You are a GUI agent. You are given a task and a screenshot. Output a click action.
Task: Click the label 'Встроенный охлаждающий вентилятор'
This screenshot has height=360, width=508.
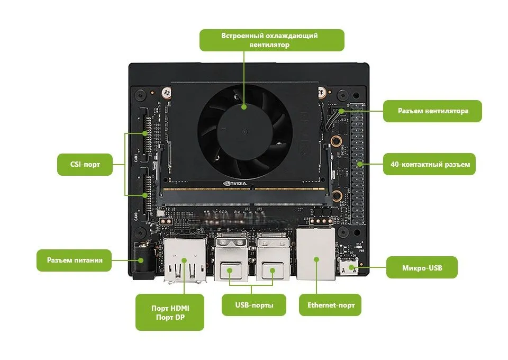[x=271, y=40]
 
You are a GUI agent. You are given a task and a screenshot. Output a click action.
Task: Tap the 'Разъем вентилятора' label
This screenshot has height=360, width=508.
[x=432, y=111]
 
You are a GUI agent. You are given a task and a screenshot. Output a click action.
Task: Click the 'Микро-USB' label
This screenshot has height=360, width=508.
[x=421, y=268]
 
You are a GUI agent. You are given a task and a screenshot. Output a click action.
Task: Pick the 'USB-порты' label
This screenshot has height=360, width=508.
[x=254, y=305]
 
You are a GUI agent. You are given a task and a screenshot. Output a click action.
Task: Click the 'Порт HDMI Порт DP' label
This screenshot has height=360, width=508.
[x=169, y=312]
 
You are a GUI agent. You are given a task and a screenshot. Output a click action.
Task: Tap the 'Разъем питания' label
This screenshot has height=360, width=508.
[x=74, y=260]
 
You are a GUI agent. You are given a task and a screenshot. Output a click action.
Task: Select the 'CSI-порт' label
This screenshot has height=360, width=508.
[x=85, y=165]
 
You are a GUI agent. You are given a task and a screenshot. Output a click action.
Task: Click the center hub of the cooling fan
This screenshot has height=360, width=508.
[x=244, y=130]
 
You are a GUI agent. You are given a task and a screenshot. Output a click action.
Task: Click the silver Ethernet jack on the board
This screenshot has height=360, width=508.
[x=316, y=254]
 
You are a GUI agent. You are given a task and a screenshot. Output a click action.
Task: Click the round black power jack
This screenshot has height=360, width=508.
[x=142, y=260]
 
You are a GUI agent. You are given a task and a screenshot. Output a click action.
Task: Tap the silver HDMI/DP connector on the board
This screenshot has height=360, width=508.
[x=185, y=259]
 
